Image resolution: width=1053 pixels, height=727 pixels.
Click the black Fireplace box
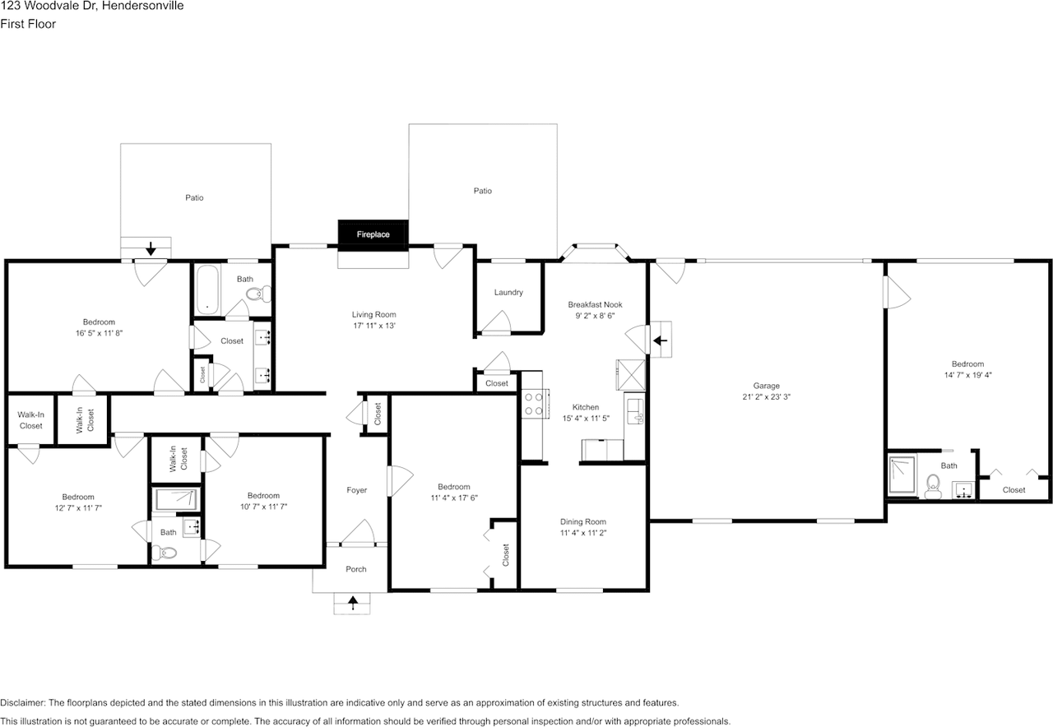point(373,234)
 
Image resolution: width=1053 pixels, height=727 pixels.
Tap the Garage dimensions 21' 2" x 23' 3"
point(766,396)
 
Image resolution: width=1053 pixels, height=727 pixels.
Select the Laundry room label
point(508,293)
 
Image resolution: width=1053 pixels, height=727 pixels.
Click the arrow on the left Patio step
point(152,248)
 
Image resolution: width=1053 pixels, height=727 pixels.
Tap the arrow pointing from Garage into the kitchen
point(660,338)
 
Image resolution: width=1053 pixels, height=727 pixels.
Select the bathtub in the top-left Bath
point(208,290)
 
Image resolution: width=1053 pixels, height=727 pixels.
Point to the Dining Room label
point(582,521)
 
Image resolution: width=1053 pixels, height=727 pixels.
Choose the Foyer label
point(356,490)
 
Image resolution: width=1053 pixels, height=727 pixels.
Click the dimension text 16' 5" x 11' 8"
point(99,333)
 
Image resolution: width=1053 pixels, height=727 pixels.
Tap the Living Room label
point(373,314)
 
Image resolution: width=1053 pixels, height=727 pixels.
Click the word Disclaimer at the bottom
point(22,703)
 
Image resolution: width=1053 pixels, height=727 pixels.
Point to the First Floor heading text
point(28,24)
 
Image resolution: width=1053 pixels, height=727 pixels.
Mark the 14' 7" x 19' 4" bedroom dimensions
point(967,375)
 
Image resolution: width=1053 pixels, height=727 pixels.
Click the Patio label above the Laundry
point(482,191)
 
